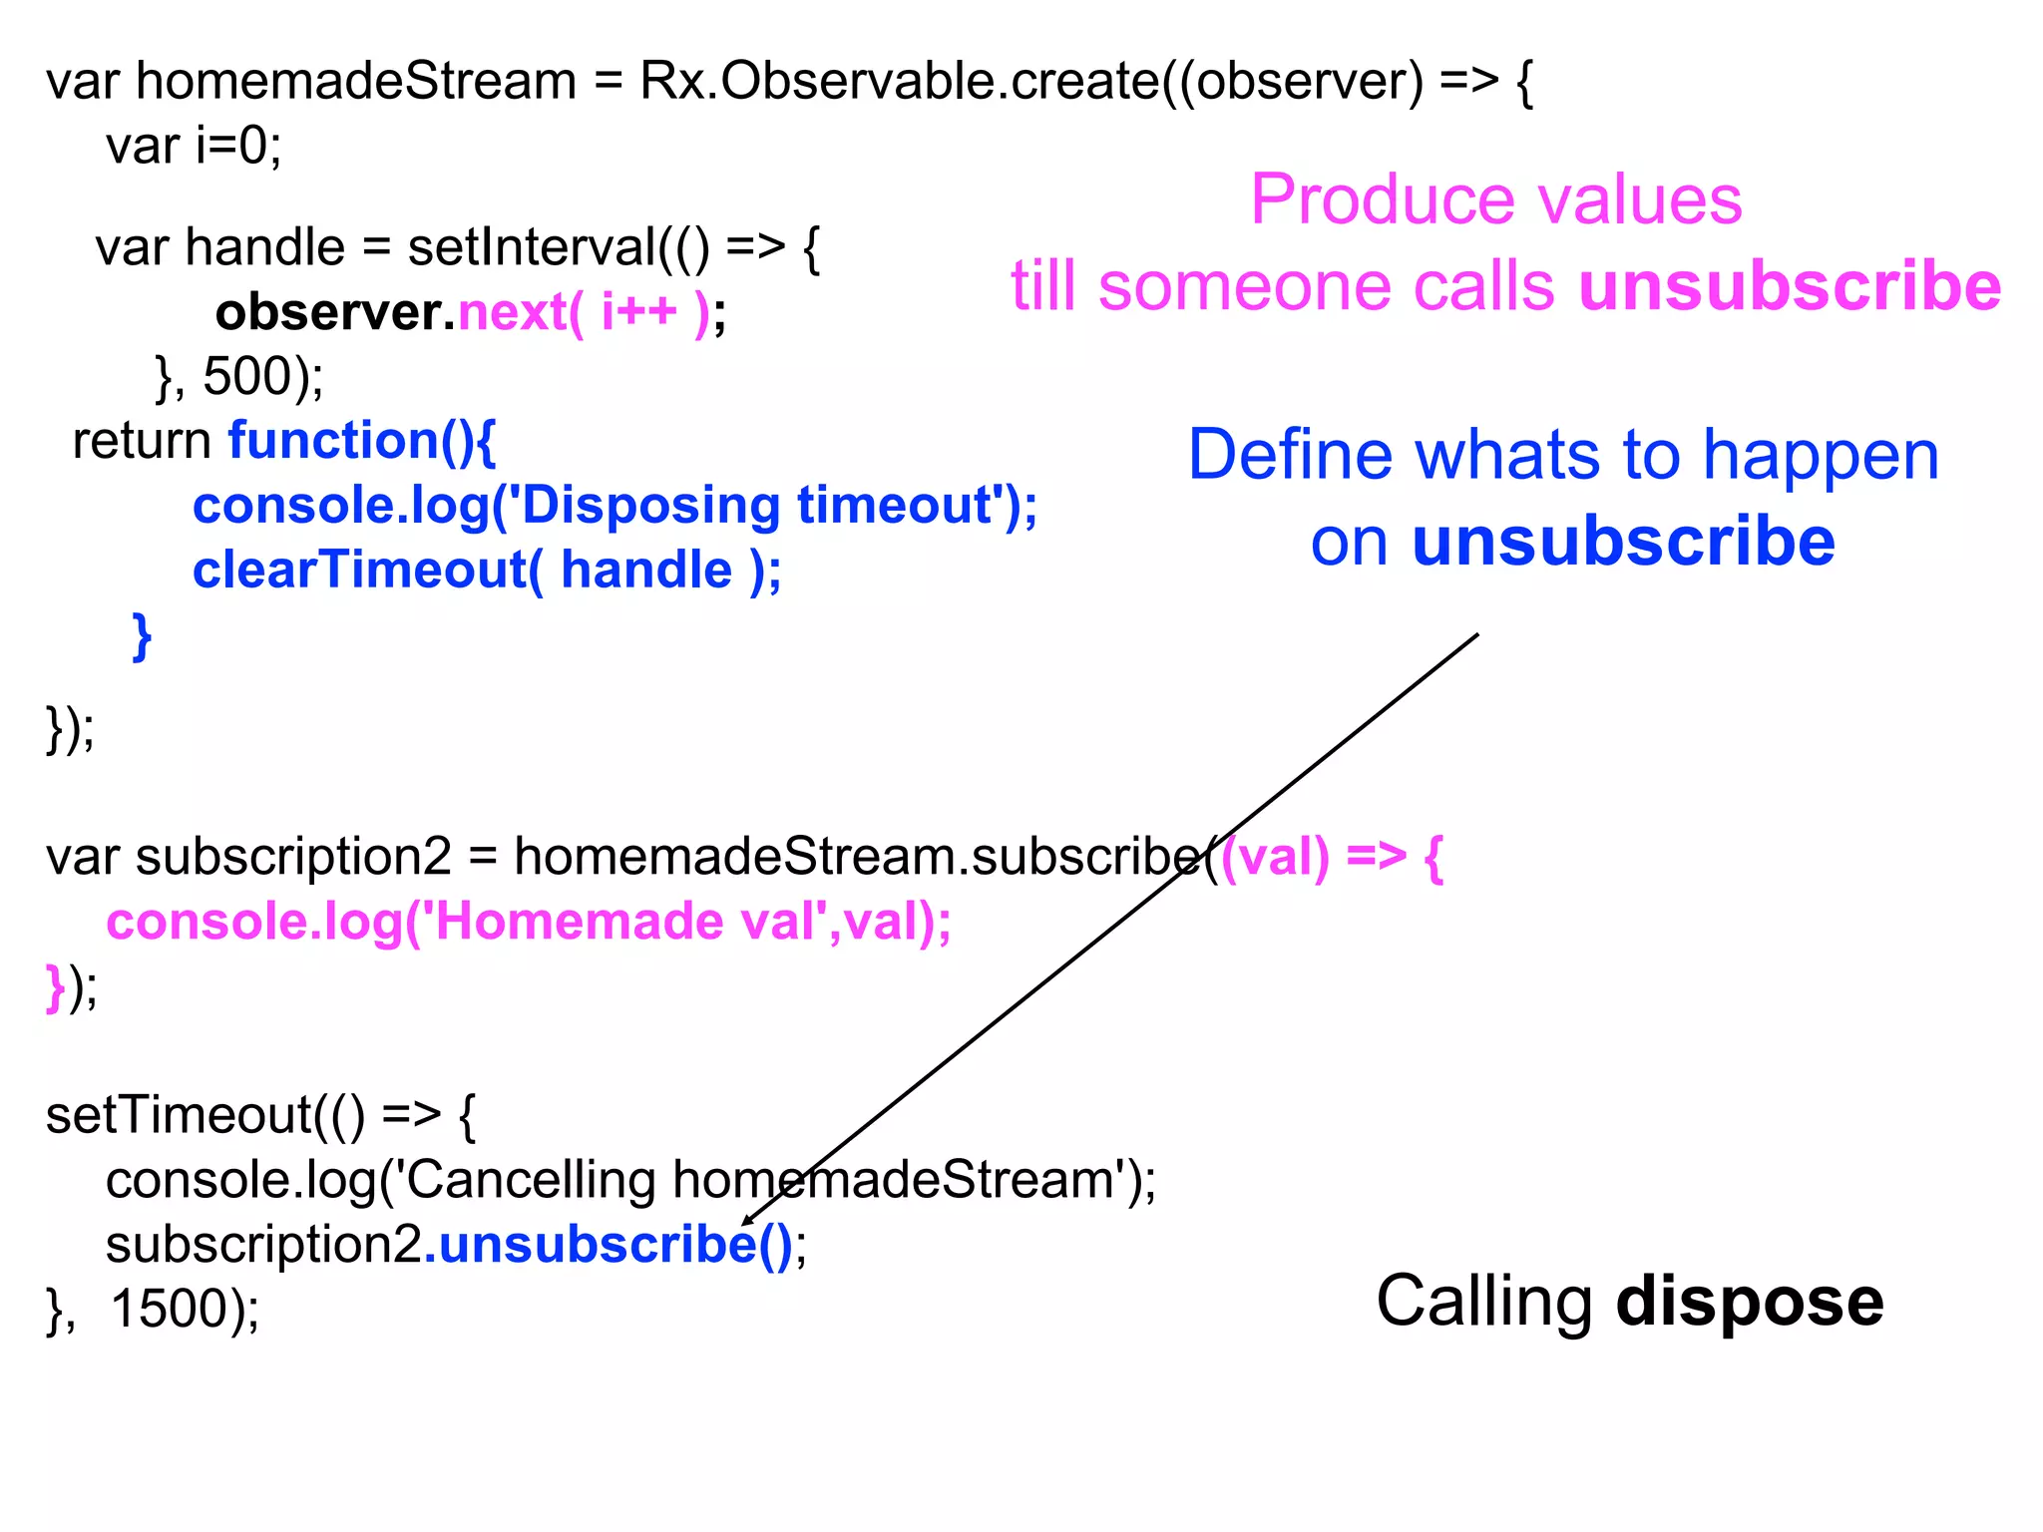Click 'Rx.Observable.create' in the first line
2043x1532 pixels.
coord(898,82)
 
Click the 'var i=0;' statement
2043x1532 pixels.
coord(194,147)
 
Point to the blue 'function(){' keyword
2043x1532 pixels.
coord(362,441)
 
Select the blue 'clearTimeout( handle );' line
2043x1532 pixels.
coord(487,571)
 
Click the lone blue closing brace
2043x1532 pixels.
coord(142,635)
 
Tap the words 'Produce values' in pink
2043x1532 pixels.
coord(1495,199)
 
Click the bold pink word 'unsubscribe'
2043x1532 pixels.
coord(1790,286)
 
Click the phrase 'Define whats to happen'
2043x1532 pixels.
coord(1563,455)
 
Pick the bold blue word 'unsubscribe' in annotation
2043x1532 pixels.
coord(1623,542)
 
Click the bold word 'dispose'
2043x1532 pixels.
coord(1750,1302)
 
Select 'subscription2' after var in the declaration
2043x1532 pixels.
coord(293,857)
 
